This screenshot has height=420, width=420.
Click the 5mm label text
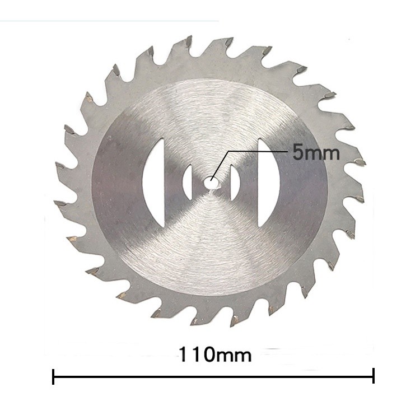(316, 152)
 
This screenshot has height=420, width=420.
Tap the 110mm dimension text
(215, 354)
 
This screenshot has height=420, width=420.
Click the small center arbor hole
(212, 182)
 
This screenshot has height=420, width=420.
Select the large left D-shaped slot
(153, 183)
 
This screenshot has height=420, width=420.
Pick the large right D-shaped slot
(269, 183)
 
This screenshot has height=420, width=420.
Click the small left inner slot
(188, 183)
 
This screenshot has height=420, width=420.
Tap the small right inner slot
(235, 183)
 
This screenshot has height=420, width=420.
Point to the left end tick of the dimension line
(53, 377)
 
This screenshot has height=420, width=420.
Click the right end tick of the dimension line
(374, 376)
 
